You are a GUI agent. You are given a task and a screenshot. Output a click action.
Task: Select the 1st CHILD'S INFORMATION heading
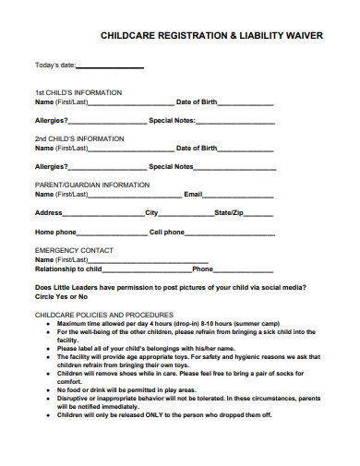(x=78, y=93)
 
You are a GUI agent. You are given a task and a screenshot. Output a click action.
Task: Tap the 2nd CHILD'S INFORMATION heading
(x=79, y=138)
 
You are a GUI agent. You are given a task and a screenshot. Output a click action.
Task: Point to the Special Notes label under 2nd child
(x=172, y=167)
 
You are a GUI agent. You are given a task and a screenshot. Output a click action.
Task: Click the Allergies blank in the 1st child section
(x=107, y=122)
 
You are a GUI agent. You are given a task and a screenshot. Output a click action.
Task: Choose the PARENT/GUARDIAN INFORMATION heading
(x=92, y=185)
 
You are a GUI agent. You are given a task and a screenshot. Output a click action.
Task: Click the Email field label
(x=193, y=195)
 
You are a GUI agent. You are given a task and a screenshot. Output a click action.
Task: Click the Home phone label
(x=55, y=232)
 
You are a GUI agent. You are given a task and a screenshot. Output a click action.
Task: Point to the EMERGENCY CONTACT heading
(x=75, y=250)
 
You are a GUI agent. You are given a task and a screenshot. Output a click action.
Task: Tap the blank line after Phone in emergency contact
(x=244, y=269)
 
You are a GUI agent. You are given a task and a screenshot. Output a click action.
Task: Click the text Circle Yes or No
(x=61, y=296)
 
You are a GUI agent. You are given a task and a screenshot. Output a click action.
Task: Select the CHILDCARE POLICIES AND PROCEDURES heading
(x=104, y=315)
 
